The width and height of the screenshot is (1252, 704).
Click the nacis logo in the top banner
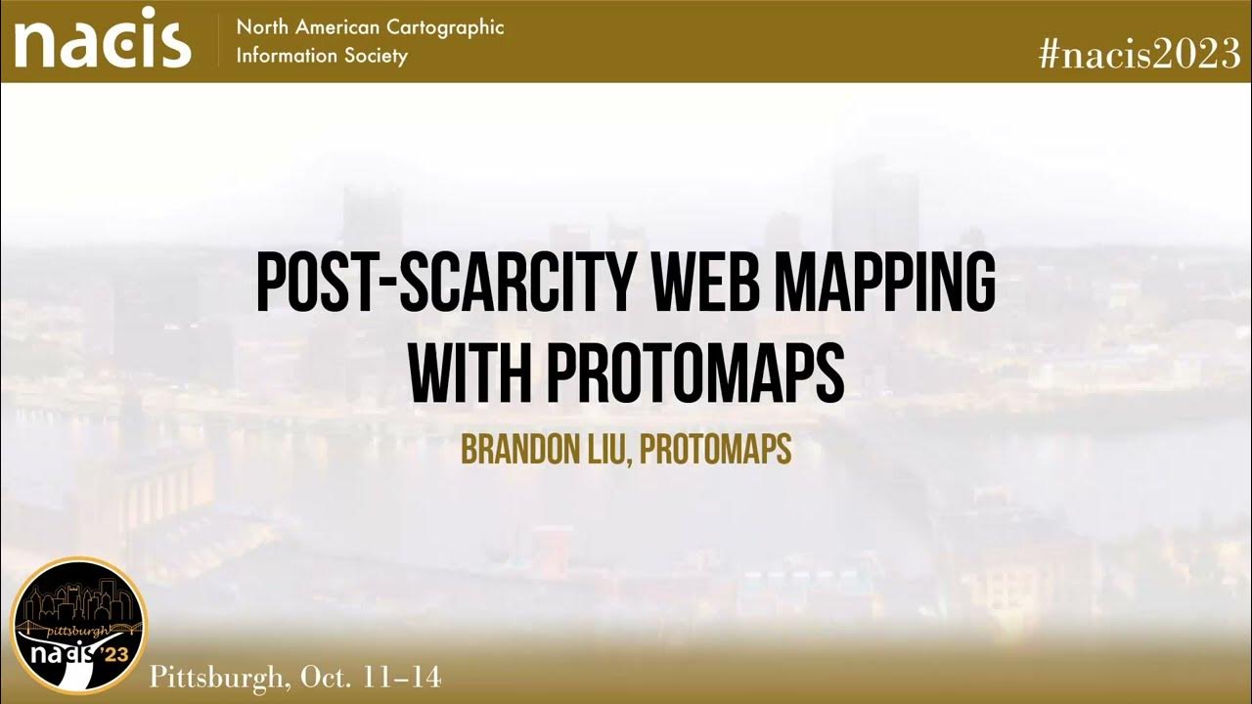pyautogui.click(x=102, y=41)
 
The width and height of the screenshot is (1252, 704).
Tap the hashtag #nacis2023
pyautogui.click(x=1140, y=55)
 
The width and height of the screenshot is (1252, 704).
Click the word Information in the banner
pyautogui.click(x=283, y=56)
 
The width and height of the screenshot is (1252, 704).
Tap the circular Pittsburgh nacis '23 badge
pyautogui.click(x=78, y=626)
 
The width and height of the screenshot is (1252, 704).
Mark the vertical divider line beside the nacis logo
pyautogui.click(x=217, y=41)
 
